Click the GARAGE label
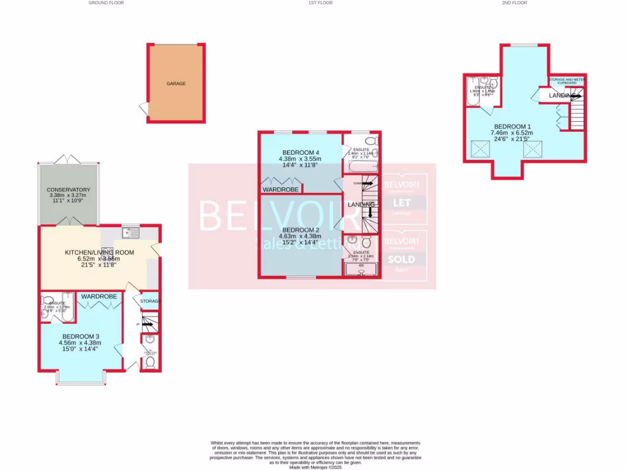pos(176,83)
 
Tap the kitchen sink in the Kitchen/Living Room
pos(130,233)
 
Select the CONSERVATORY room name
pos(68,190)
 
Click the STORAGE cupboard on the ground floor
pos(150,301)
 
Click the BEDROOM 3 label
pos(80,337)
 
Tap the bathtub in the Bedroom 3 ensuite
pos(68,305)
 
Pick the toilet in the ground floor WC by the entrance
pos(150,362)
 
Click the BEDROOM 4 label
pos(301,152)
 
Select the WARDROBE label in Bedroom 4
pos(280,190)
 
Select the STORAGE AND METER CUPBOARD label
pos(567,80)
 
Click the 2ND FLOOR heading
pos(514,3)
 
